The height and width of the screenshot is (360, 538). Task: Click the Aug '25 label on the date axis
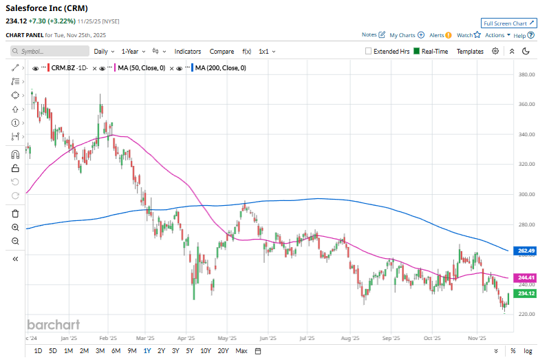pyautogui.click(x=350, y=339)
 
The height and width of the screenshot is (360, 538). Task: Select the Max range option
pyautogui.click(x=241, y=351)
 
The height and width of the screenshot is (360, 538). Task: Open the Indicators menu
pyautogui.click(x=187, y=51)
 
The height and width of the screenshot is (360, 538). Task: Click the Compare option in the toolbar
pyautogui.click(x=222, y=51)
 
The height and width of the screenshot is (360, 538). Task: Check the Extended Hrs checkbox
pyautogui.click(x=369, y=51)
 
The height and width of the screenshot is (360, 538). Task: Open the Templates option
pyautogui.click(x=470, y=51)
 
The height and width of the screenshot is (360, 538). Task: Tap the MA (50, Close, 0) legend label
pyautogui.click(x=141, y=67)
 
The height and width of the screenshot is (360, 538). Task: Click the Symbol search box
pyautogui.click(x=50, y=51)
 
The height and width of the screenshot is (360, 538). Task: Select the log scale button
pyautogui.click(x=528, y=351)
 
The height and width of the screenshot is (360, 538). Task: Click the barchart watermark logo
pyautogui.click(x=53, y=324)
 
